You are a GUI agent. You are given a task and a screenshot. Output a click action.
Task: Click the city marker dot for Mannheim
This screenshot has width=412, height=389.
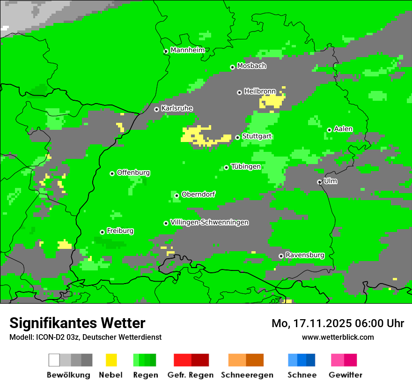tap(166, 52)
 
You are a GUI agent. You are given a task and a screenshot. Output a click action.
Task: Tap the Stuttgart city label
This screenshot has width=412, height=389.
tap(257, 136)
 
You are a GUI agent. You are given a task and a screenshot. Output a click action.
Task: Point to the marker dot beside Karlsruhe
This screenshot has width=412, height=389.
tap(157, 109)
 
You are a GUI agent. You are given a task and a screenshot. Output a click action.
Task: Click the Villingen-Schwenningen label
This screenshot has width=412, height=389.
tap(209, 222)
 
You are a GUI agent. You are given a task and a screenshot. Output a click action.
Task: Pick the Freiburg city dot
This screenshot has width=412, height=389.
tap(102, 232)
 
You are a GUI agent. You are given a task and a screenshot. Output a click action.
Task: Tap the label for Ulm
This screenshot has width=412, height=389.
tap(330, 181)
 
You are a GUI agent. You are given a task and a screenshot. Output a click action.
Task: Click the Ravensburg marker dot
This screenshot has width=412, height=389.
tap(281, 256)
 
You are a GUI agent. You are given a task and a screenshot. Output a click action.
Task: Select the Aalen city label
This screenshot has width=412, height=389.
tap(343, 129)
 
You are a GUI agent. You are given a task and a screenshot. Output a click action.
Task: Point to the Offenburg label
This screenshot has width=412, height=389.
tap(133, 172)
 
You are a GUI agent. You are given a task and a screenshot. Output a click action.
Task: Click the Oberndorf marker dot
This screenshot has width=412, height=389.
tap(177, 195)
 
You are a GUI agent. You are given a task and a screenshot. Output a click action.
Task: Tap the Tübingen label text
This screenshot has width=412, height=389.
tap(246, 166)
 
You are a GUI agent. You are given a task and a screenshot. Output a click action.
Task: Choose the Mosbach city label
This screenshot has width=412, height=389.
tap(251, 66)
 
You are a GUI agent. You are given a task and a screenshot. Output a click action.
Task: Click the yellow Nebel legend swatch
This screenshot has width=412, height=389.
tap(111, 360)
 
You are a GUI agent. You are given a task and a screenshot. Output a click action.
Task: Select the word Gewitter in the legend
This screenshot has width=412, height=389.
tap(346, 375)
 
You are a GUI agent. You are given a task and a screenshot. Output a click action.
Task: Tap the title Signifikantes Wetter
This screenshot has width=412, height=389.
tap(77, 323)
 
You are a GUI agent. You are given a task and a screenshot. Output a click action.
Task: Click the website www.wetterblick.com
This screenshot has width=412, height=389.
tap(338, 337)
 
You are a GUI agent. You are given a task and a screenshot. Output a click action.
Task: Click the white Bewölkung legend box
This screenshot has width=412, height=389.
tap(54, 360)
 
